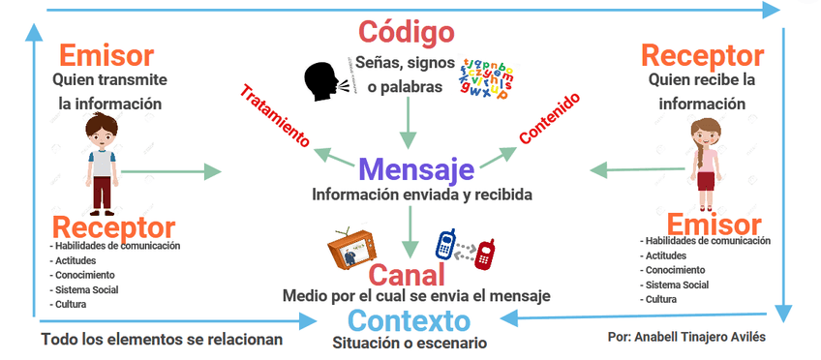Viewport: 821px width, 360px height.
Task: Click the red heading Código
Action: click(407, 32)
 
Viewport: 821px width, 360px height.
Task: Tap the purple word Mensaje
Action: click(416, 168)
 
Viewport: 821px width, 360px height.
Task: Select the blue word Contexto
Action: click(410, 321)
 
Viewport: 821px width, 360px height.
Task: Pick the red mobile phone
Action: click(485, 253)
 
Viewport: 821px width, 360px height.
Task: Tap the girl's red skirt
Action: click(706, 181)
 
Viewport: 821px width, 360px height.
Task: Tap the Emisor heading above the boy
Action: click(106, 54)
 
